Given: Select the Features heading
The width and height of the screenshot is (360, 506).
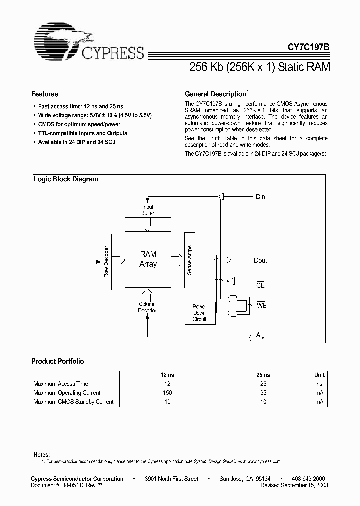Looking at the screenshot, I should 45,94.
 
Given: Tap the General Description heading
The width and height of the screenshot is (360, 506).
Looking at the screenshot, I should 215,94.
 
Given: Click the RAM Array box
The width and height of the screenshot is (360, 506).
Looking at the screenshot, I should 148,259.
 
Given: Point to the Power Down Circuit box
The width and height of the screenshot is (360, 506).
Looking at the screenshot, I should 199,313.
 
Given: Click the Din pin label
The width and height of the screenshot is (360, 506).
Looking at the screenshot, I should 260,197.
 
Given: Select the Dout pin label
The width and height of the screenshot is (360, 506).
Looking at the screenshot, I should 260,260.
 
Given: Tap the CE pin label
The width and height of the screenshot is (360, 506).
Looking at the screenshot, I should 260,285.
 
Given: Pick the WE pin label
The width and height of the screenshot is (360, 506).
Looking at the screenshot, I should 261,305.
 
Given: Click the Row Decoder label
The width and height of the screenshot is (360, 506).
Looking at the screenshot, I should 106,262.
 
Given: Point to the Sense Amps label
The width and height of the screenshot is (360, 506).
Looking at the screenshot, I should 189,260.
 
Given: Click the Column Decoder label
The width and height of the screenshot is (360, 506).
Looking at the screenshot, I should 147,307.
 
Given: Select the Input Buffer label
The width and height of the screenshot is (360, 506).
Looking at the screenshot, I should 148,210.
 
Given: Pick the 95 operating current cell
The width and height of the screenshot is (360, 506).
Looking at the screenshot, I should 263,393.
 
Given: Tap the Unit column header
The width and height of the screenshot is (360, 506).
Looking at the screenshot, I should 319,375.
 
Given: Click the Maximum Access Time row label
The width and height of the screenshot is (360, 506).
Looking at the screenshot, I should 61,384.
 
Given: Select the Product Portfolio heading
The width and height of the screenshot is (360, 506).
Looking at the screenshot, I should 58,361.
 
